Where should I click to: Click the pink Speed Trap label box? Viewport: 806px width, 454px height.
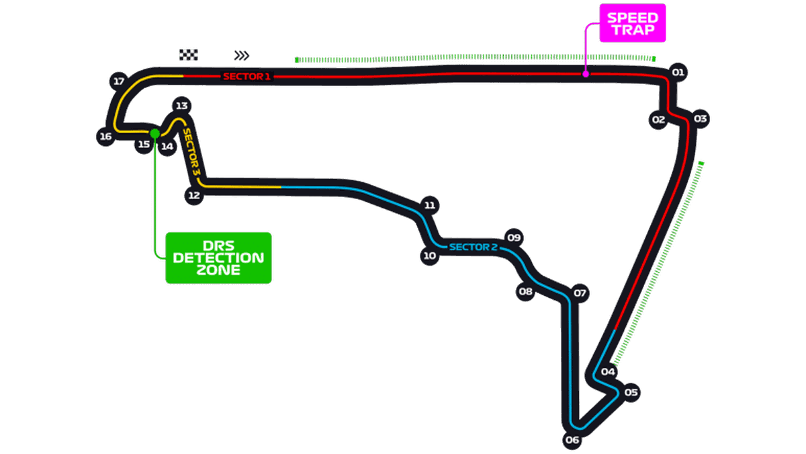pos(632,25)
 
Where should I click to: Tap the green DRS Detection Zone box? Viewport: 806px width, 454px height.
pos(218,258)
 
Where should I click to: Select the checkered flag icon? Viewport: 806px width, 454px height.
pos(189,54)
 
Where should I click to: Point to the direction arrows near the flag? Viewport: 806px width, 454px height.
pos(241,55)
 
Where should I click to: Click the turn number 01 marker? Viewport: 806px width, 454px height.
pos(678,72)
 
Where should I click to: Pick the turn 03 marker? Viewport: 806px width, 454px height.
pos(701,119)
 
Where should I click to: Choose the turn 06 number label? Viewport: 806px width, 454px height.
pos(572,441)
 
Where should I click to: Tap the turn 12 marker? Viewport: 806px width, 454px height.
pos(194,196)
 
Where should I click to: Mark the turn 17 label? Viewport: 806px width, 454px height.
pos(119,81)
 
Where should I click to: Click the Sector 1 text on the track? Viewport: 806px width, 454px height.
pos(247,77)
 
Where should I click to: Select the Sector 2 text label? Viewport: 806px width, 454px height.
pos(473,247)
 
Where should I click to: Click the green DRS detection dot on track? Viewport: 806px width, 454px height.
pos(155,133)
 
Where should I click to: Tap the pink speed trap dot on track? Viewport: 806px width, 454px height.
pos(586,74)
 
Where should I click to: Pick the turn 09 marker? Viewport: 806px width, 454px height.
pos(514,237)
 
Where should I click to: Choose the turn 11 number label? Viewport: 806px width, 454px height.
pos(430,205)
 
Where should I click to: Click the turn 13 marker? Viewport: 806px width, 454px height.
pos(181,106)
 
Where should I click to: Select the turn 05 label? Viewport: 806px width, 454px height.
pos(630,392)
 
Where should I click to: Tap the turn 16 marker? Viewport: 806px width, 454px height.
pos(105,137)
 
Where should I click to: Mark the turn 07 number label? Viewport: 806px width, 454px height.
pos(580,293)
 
